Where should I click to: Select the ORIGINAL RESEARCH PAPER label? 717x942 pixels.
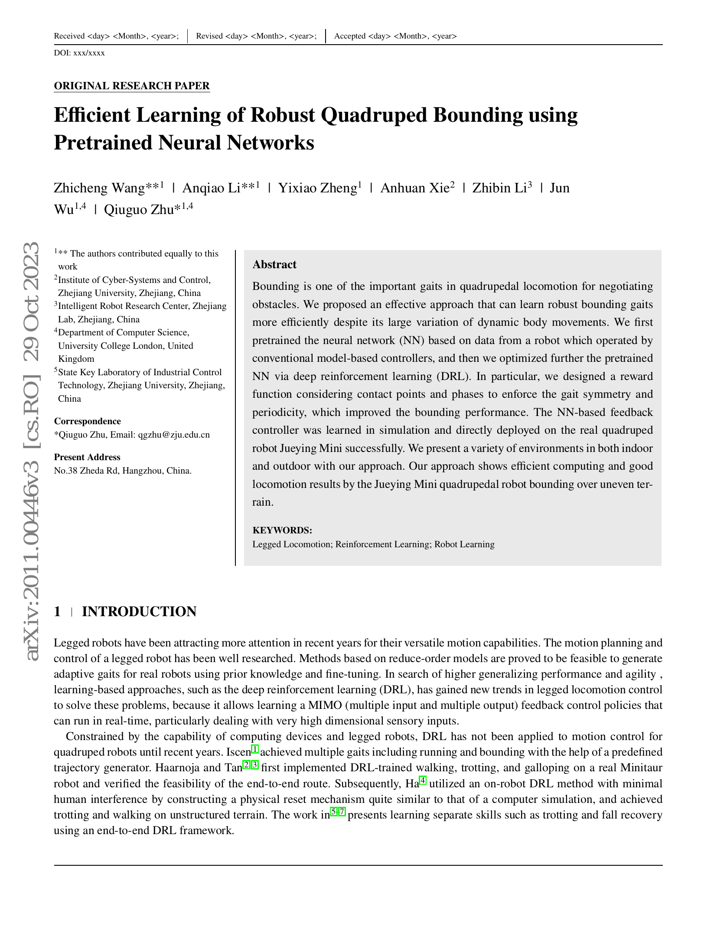click(x=132, y=86)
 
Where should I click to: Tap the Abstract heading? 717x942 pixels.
click(x=274, y=264)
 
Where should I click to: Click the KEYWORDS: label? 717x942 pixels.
click(x=282, y=530)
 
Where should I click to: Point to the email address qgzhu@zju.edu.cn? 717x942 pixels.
click(x=174, y=435)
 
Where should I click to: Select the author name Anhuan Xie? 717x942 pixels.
click(x=415, y=188)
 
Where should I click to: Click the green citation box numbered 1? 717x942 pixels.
click(x=255, y=749)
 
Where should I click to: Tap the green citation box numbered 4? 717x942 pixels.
click(x=423, y=781)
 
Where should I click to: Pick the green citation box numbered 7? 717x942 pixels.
click(x=342, y=812)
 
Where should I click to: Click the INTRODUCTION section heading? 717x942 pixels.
click(x=139, y=611)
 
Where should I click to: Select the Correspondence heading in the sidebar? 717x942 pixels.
click(x=87, y=421)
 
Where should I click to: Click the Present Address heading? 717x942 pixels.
click(x=87, y=457)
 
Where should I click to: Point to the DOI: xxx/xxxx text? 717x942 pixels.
click(x=79, y=53)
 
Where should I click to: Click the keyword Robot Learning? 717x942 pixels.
click(x=464, y=544)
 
